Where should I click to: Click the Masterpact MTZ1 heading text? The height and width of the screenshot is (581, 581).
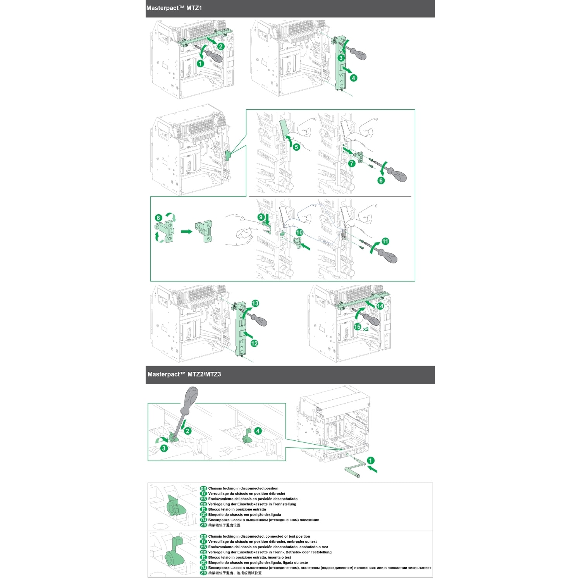point(174,8)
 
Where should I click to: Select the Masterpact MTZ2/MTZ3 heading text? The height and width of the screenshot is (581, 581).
point(184,374)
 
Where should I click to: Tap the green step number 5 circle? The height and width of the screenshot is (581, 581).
point(296,147)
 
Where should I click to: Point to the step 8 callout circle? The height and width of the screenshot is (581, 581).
point(158,218)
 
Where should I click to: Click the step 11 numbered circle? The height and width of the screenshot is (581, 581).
point(385,241)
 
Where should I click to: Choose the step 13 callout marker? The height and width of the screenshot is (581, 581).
point(255,303)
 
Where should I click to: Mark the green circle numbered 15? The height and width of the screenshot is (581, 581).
point(357,327)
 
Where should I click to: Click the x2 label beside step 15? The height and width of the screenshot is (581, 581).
point(366,329)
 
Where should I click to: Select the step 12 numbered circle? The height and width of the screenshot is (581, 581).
point(254,343)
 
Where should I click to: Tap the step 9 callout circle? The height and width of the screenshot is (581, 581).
point(261,217)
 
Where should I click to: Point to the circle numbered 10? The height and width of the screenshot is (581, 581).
point(299,232)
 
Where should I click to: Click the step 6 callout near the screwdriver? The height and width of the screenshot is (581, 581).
point(381,180)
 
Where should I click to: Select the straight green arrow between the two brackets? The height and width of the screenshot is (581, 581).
point(187,232)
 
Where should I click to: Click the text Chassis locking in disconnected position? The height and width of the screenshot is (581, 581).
point(243,488)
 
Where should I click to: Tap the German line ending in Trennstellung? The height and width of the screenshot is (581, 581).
point(252,504)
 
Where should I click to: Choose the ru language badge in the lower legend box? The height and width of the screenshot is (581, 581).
point(203,568)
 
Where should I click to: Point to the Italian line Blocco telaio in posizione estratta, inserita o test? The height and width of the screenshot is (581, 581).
point(249,557)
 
